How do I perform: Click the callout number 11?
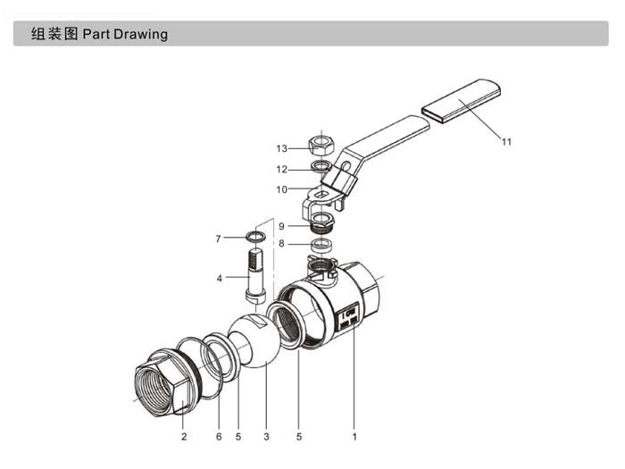(x=506, y=141)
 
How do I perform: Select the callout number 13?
(x=281, y=148)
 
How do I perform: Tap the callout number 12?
(x=281, y=169)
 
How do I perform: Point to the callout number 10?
(x=281, y=189)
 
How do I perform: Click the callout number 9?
(x=280, y=226)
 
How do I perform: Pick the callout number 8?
(x=280, y=243)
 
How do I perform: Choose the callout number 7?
(x=218, y=239)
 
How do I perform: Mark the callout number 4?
(x=219, y=278)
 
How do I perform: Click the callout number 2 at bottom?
(x=184, y=437)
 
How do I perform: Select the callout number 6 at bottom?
(x=219, y=437)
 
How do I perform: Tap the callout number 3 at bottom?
(x=266, y=437)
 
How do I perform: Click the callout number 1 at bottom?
(x=354, y=437)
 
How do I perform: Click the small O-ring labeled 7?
(x=255, y=237)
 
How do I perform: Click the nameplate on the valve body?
(x=350, y=317)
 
